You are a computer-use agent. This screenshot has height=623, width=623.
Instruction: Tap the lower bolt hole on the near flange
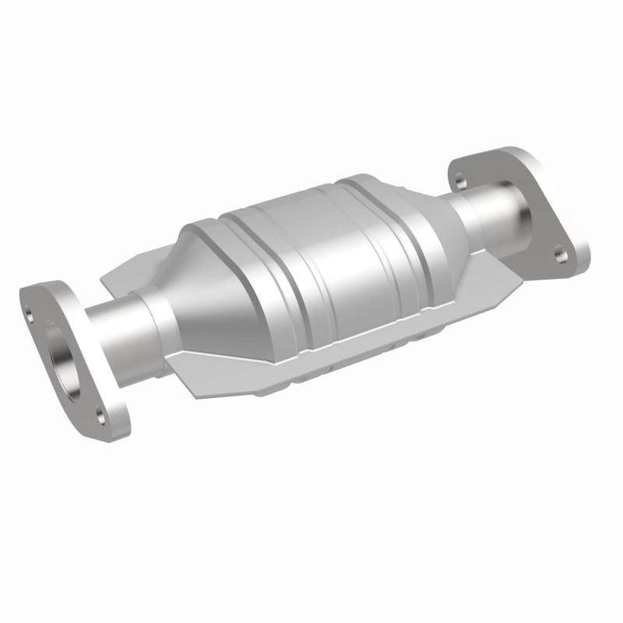[x=99, y=411]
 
